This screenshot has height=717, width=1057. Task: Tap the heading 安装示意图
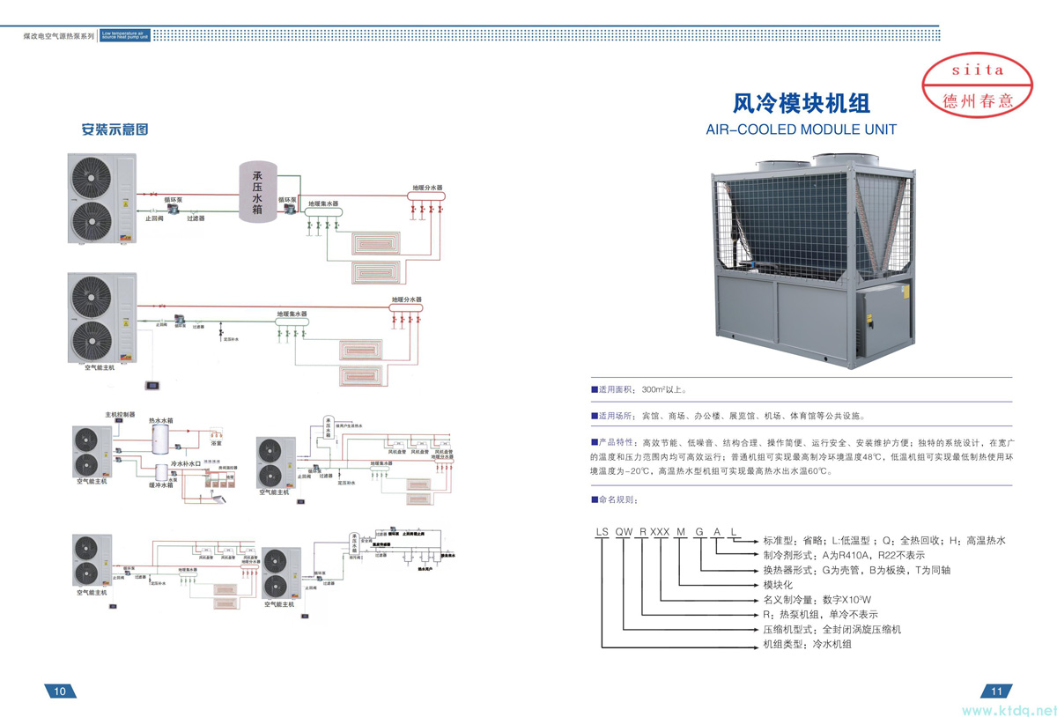click(x=115, y=129)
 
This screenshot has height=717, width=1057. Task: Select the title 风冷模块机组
click(x=802, y=104)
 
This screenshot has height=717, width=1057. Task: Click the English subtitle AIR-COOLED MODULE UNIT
click(x=801, y=129)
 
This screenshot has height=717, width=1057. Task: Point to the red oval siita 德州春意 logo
click(x=978, y=85)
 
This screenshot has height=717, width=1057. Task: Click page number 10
click(x=60, y=691)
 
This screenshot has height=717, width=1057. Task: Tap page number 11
click(x=997, y=691)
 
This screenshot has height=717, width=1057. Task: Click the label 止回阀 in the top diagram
click(x=154, y=218)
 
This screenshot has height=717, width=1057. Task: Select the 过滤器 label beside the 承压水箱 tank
click(x=196, y=218)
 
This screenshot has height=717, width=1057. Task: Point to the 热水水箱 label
click(x=160, y=421)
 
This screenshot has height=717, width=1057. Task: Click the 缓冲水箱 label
click(x=160, y=485)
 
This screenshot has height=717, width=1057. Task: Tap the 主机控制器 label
click(x=120, y=414)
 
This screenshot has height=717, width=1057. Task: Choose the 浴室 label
click(x=215, y=431)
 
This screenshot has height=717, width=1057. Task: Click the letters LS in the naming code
click(x=602, y=532)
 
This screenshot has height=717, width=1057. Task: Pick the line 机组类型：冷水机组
click(x=807, y=645)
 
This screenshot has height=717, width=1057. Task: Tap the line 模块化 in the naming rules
click(x=778, y=585)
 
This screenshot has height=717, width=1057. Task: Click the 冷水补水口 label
click(x=187, y=463)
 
